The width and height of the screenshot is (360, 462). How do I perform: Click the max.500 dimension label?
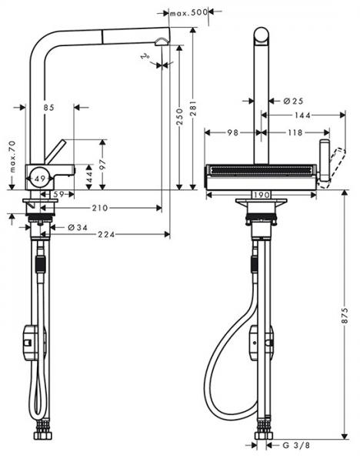pyautogui.click(x=189, y=12)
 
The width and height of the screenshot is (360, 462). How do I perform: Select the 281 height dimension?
pyautogui.click(x=193, y=109)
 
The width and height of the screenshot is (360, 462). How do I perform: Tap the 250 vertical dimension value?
pyautogui.click(x=179, y=116)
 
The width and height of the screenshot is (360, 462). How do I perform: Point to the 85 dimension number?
pyautogui.click(x=49, y=108)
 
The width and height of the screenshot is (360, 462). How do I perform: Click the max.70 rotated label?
pyautogui.click(x=12, y=156)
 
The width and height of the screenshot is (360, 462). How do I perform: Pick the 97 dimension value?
pyautogui.click(x=103, y=166)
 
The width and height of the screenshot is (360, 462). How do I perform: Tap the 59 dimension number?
pyautogui.click(x=59, y=194)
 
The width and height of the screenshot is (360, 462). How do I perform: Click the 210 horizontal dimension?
pyautogui.click(x=100, y=208)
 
